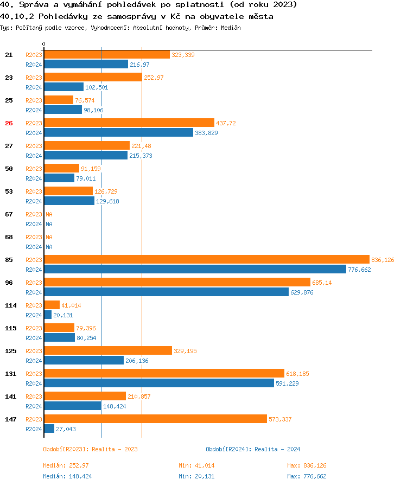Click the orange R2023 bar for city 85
(206, 259)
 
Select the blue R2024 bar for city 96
(166, 292)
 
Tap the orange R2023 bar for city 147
(155, 419)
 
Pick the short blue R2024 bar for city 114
(48, 315)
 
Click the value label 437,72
(226, 123)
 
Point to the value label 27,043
(66, 429)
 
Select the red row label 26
(9, 123)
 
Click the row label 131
(10, 374)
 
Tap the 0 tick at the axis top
(44, 44)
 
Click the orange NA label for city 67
(49, 214)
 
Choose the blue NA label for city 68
(49, 247)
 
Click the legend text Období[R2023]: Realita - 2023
(90, 449)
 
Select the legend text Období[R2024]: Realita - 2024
(253, 449)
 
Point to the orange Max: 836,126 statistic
(307, 465)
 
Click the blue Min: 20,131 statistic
(196, 476)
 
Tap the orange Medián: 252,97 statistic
(66, 465)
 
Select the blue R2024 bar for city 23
(63, 87)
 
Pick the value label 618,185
(297, 374)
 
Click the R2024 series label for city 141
(34, 406)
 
